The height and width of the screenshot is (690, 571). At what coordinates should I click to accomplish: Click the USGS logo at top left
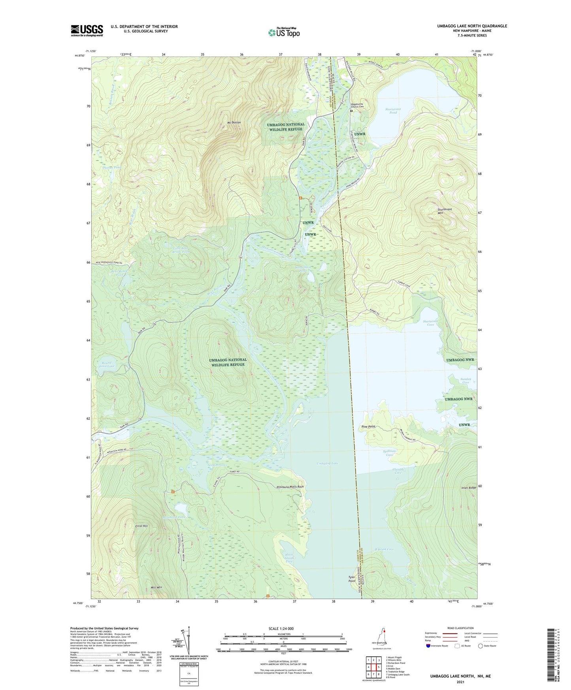87,30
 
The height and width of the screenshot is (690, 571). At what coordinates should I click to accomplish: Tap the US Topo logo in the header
284,32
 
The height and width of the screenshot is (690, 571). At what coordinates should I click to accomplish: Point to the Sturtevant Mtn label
445,211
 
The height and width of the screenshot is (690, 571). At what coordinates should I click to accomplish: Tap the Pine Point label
368,427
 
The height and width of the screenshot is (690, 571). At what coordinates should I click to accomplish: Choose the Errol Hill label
141,526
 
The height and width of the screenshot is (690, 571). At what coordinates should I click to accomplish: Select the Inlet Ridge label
469,488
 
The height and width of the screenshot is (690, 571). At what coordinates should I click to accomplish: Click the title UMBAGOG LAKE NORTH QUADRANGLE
472,26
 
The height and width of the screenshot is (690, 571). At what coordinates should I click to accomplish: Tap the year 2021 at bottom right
460,682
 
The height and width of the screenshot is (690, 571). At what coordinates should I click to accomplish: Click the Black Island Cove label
289,558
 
